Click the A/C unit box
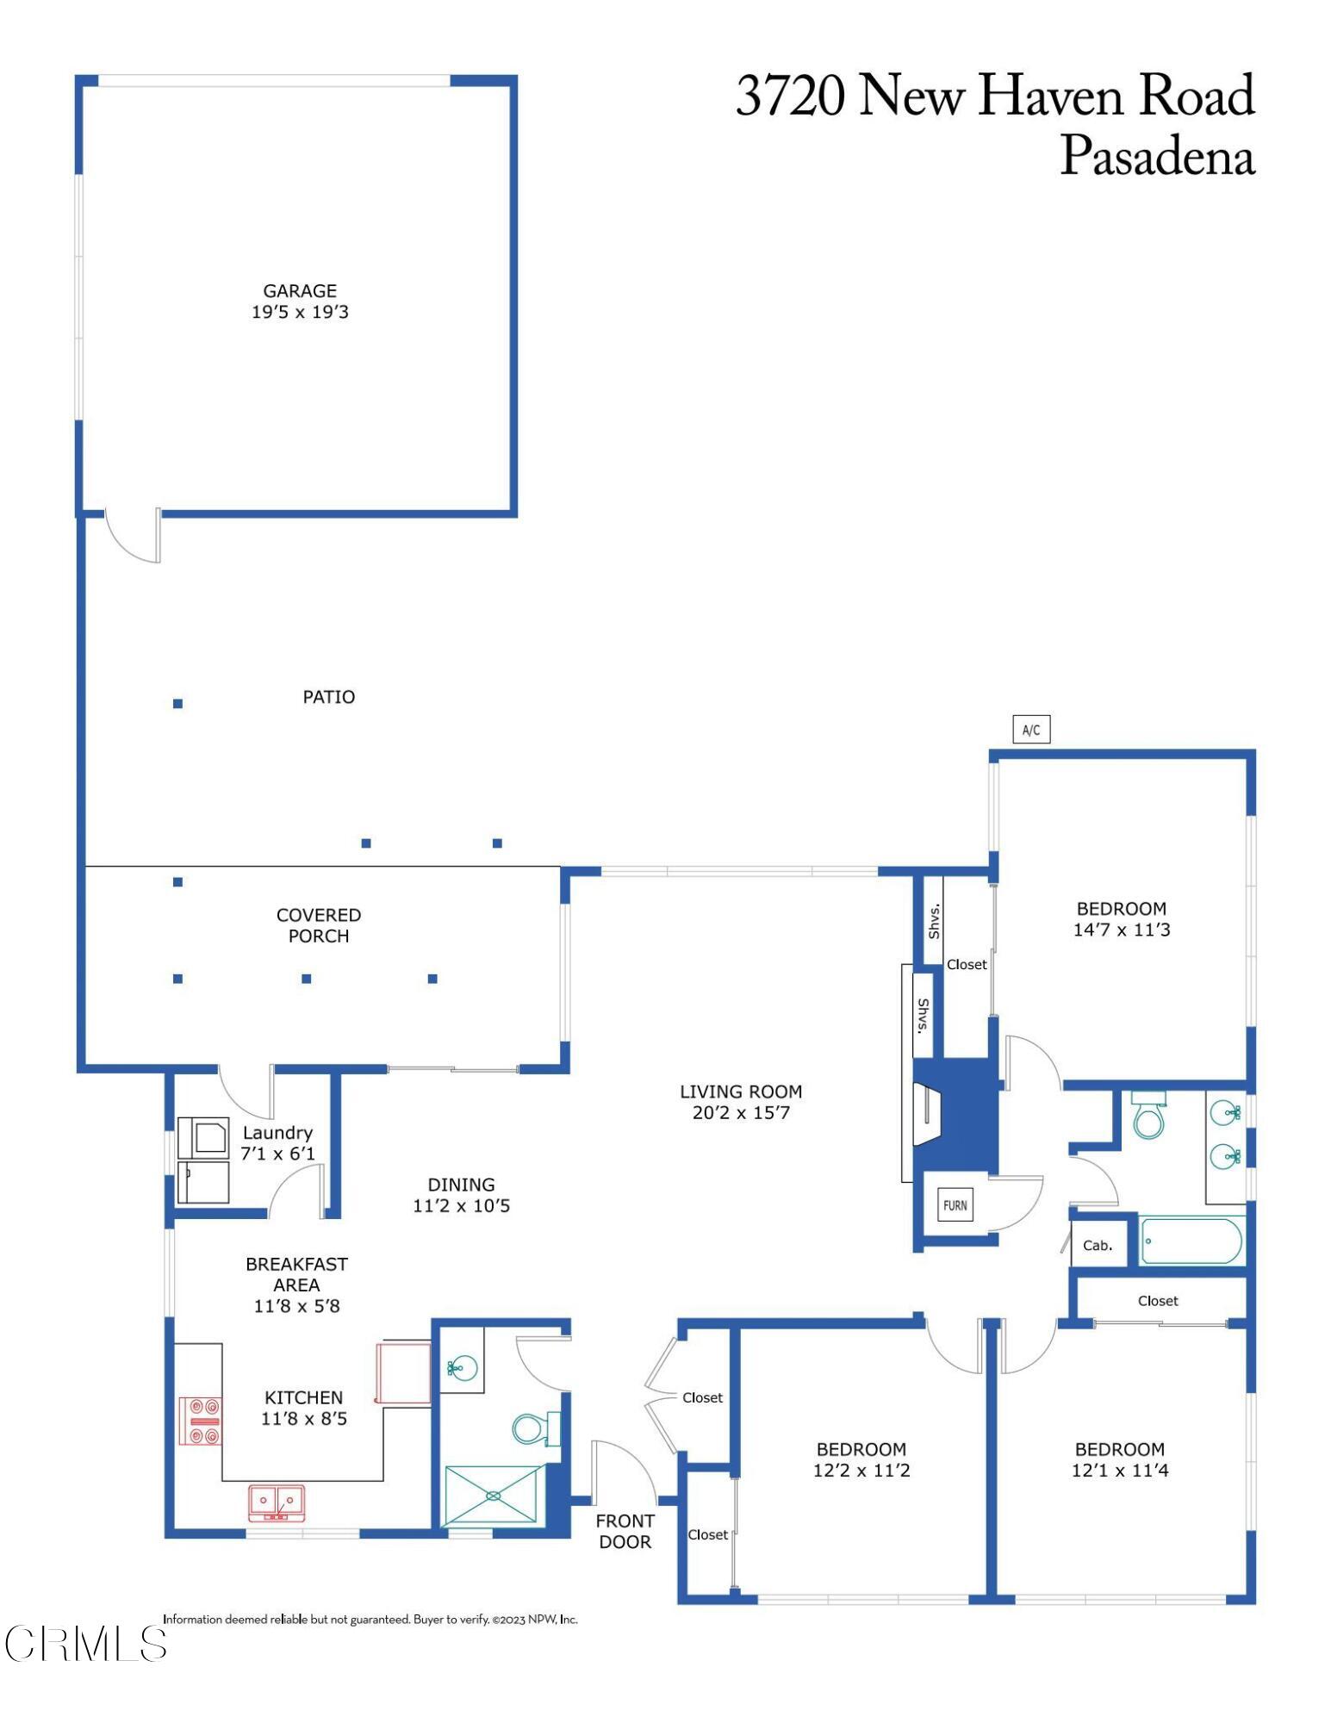point(1030,730)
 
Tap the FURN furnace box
point(955,1205)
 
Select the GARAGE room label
point(300,291)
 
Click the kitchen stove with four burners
point(200,1421)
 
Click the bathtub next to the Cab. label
point(1191,1241)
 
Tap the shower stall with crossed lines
point(494,1496)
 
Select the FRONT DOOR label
point(625,1531)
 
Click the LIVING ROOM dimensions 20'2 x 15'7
point(741,1112)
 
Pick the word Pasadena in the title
point(1156,157)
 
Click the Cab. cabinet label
point(1097,1246)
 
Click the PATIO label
point(328,697)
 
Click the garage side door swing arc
point(129,541)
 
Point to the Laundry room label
point(277,1133)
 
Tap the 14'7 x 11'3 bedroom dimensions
point(1121,930)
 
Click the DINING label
point(461,1185)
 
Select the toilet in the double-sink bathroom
point(1148,1118)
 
